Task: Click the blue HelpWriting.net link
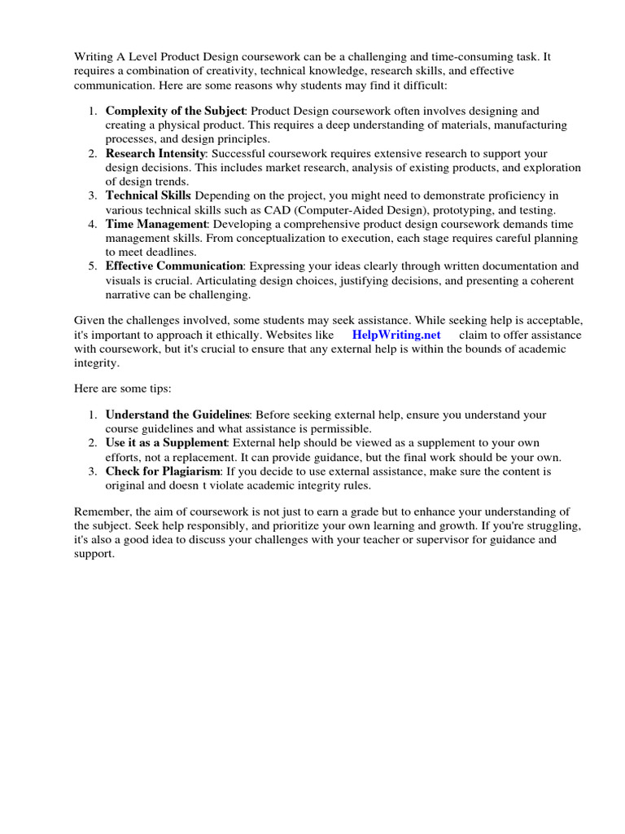pos(396,335)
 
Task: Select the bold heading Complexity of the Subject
pos(174,111)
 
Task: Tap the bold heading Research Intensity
pos(155,153)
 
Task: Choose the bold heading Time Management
pos(156,223)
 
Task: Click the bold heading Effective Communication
pos(174,266)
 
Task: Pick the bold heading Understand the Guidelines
pos(177,415)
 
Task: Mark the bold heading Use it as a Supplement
pos(166,443)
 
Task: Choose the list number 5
pos(92,266)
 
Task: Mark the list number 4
pos(92,223)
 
